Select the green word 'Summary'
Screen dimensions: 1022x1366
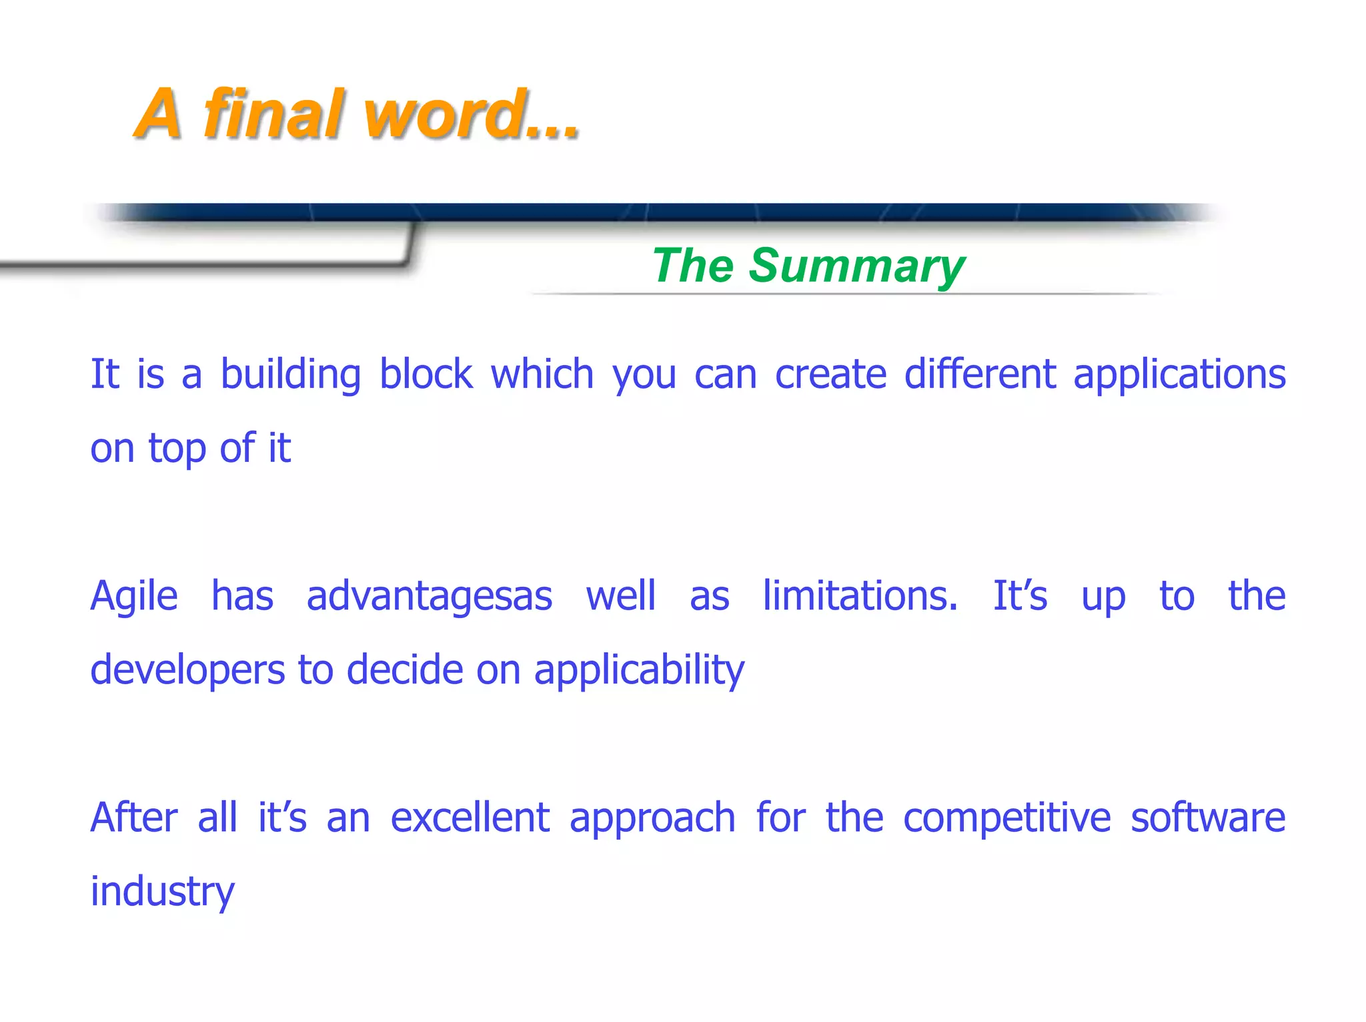856,266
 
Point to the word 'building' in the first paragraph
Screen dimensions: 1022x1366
291,374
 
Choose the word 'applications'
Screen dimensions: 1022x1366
1179,374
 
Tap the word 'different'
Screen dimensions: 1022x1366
979,374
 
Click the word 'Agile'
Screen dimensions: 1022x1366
134,596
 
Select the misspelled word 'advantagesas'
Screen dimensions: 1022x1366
429,596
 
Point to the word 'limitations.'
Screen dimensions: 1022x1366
860,596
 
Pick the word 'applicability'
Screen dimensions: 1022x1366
639,670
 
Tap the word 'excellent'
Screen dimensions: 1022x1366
470,818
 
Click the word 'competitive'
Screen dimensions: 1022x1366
1006,818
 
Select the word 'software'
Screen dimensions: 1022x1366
1208,818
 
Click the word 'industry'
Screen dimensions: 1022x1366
162,892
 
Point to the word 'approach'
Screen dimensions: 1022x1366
652,819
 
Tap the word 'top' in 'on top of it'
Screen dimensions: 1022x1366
177,449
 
